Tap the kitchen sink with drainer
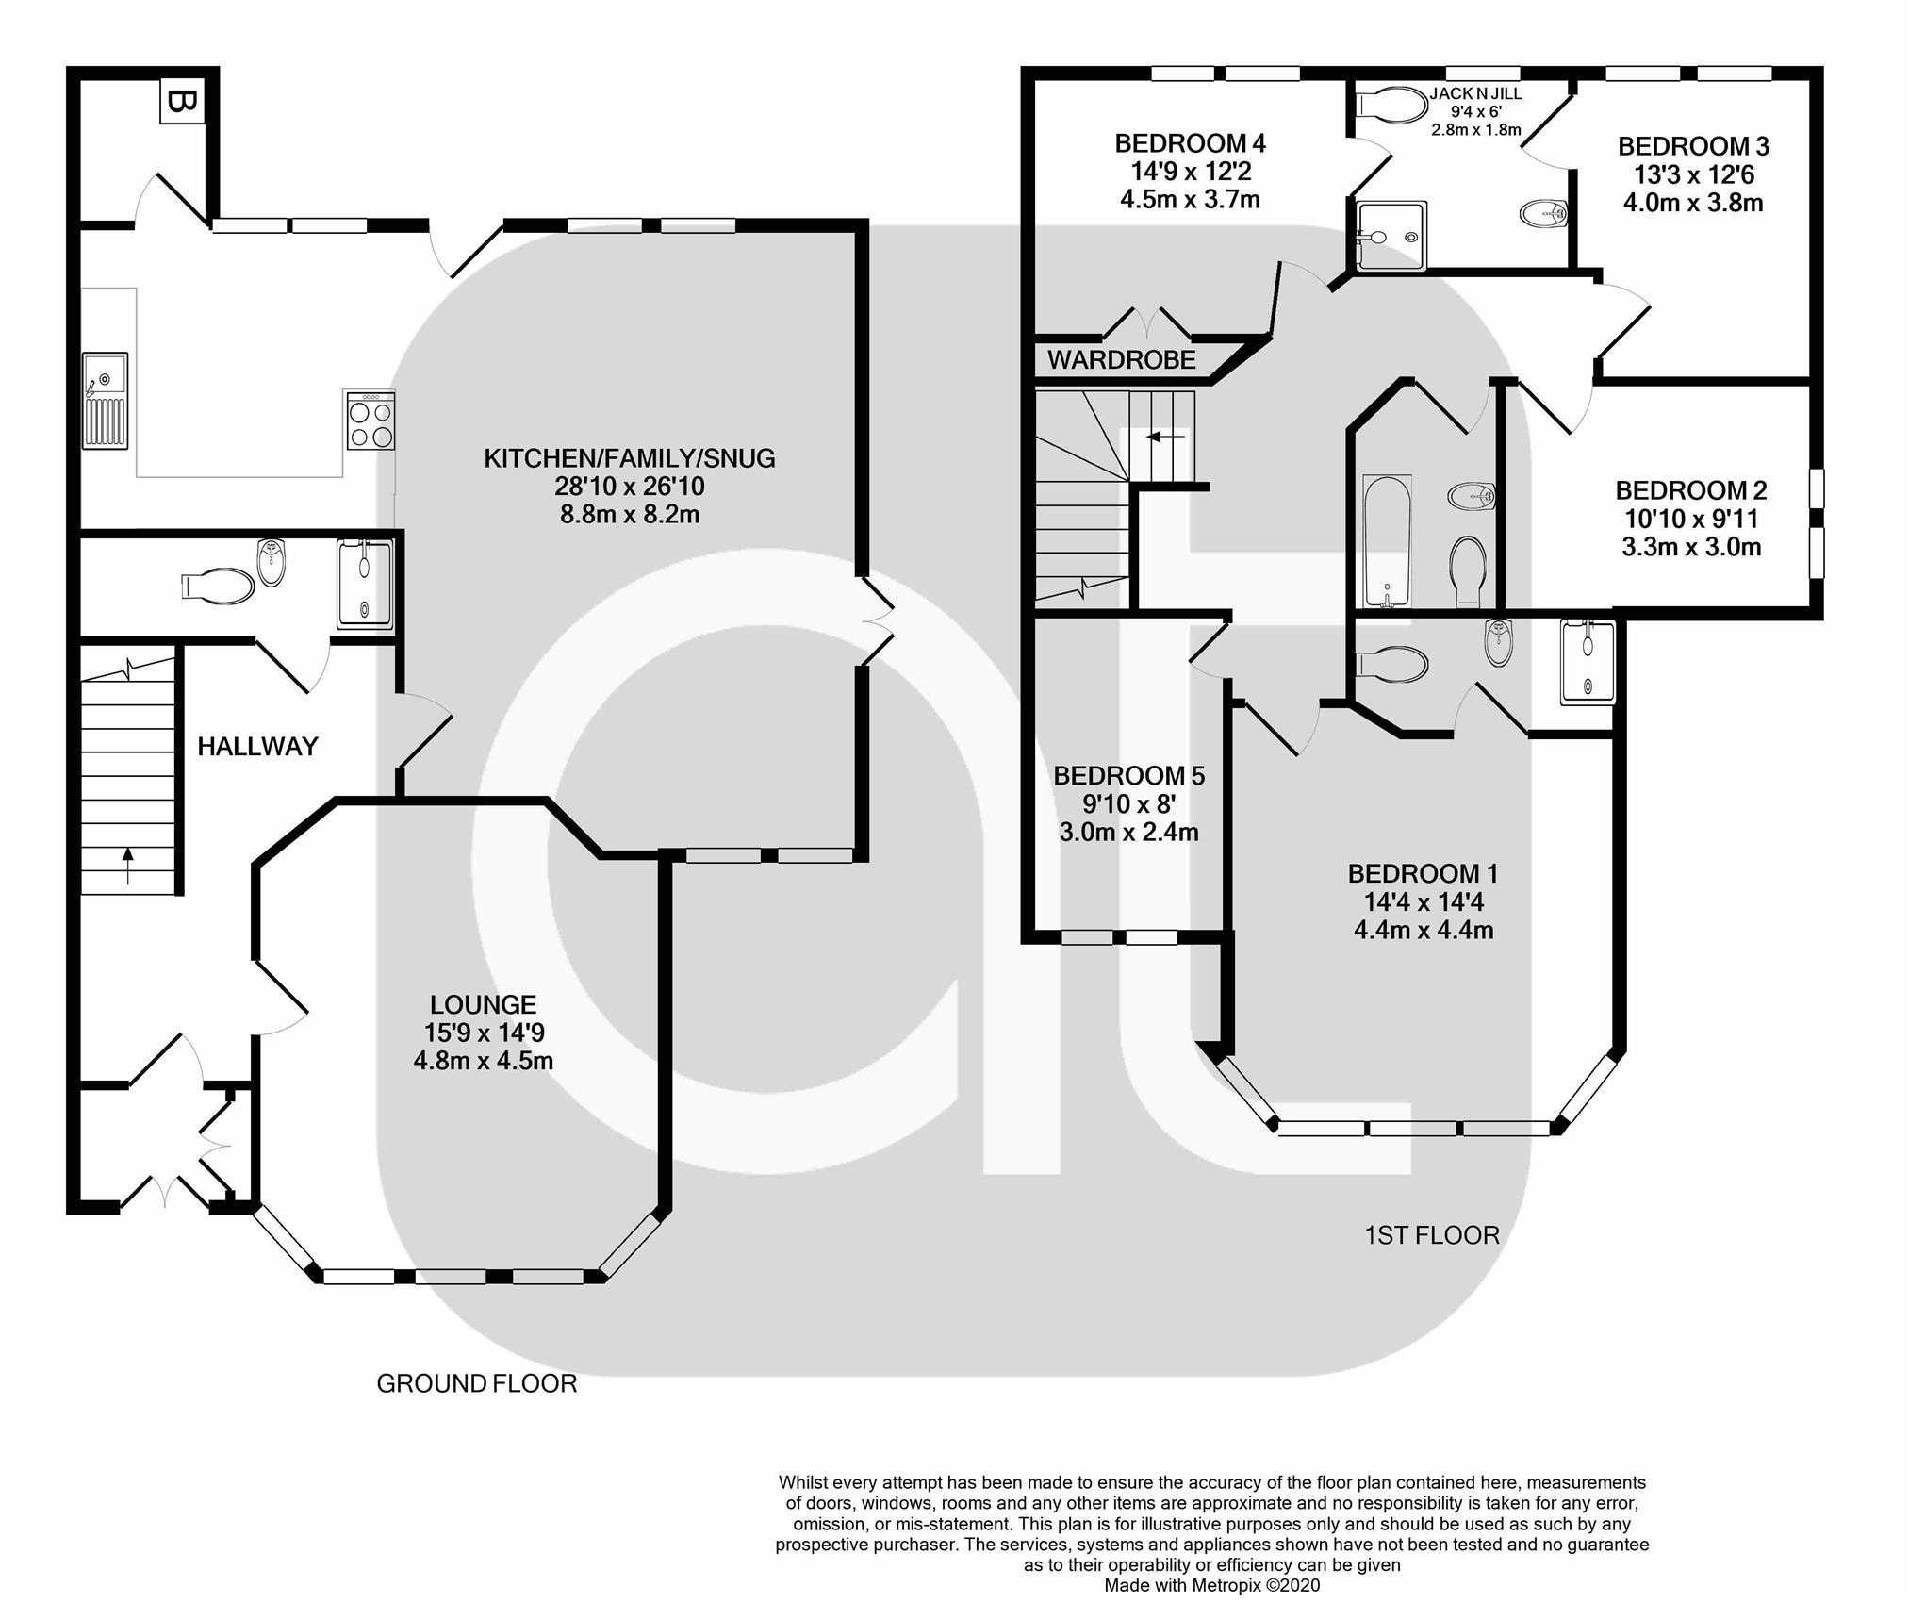coord(105,400)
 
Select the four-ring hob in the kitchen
coord(370,421)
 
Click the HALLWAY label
coord(257,747)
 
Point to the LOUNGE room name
coord(483,1004)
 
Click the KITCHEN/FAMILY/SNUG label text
coord(629,458)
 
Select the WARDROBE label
coord(1121,359)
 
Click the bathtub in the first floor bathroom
coord(1387,541)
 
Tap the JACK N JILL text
coord(1475,93)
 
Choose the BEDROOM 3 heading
coord(1693,146)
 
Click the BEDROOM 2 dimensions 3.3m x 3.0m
coord(1691,547)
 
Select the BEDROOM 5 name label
coord(1128,775)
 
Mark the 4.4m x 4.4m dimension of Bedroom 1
coord(1424,930)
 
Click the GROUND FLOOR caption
coord(476,1383)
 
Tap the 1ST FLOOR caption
coord(1431,1234)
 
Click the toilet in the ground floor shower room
coord(219,586)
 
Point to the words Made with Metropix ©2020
coord(1212,1585)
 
